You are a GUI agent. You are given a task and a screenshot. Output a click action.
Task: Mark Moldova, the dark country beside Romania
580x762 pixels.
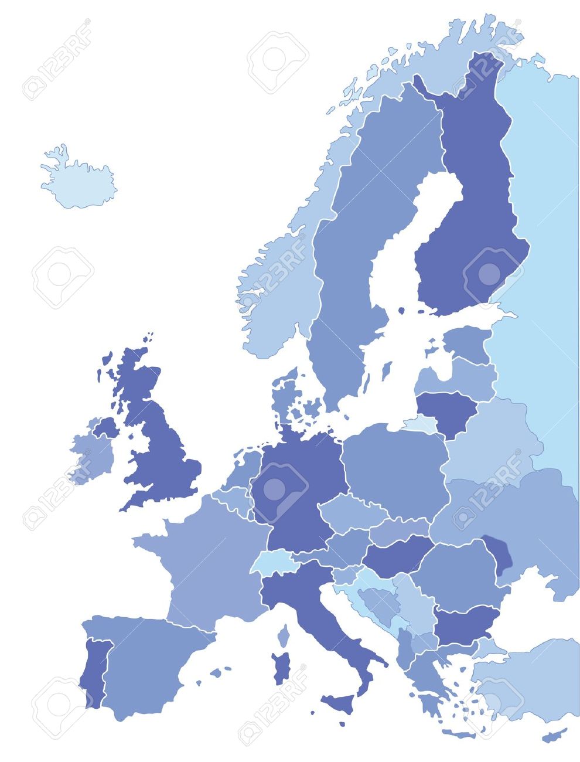[498, 554]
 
